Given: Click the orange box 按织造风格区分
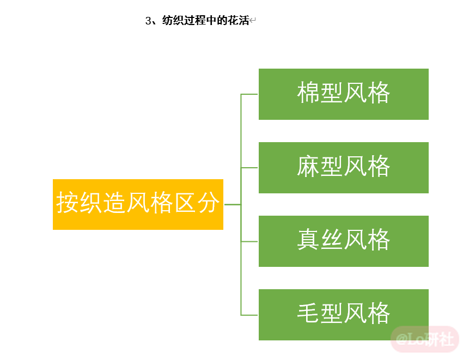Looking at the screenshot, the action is (x=138, y=204).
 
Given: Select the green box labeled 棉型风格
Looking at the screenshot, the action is (x=343, y=94).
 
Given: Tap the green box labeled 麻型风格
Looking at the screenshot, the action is (x=343, y=168).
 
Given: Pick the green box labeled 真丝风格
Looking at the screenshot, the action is (x=343, y=241).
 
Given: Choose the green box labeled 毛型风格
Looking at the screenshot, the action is (x=343, y=315).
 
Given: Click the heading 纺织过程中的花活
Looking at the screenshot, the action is (x=206, y=20).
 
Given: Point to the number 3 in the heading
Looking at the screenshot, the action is (x=148, y=21).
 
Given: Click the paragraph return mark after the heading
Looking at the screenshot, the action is (x=252, y=21).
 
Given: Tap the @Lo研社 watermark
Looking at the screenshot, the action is (x=425, y=339).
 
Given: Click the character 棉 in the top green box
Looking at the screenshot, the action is (x=308, y=93).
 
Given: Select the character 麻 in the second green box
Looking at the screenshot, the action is (x=308, y=166).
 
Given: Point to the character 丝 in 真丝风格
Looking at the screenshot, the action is (x=332, y=240).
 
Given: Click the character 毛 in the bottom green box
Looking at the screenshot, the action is (x=308, y=313).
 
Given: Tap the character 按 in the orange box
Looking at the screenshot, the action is (x=68, y=203).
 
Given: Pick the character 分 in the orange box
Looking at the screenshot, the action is (x=209, y=203).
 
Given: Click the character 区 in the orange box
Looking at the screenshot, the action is (x=185, y=203).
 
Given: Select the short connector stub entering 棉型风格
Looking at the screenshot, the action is (x=249, y=94).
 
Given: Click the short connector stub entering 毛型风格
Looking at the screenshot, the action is (x=249, y=315).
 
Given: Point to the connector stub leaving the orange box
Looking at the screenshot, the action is (x=233, y=204).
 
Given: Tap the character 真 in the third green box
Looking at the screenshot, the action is (x=308, y=240).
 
